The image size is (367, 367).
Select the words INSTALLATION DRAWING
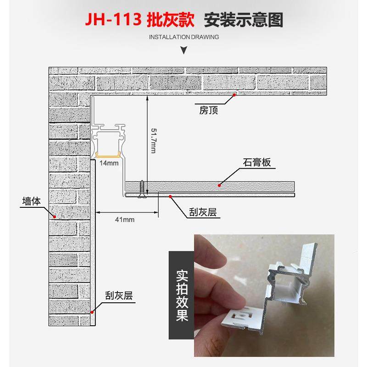pyautogui.click(x=184, y=37)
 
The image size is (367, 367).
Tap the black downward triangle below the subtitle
pyautogui.click(x=184, y=50)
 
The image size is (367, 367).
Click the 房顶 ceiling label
pyautogui.click(x=209, y=110)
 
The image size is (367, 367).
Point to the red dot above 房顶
pyautogui.click(x=234, y=95)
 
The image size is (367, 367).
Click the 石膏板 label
pyautogui.click(x=257, y=163)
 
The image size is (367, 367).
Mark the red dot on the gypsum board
pyautogui.click(x=219, y=185)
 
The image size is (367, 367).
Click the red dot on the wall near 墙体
pyautogui.click(x=54, y=216)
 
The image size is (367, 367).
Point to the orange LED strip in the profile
pyautogui.click(x=108, y=155)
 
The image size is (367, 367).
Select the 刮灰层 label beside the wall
pyautogui.click(x=118, y=296)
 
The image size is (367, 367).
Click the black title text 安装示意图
pyautogui.click(x=243, y=21)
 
